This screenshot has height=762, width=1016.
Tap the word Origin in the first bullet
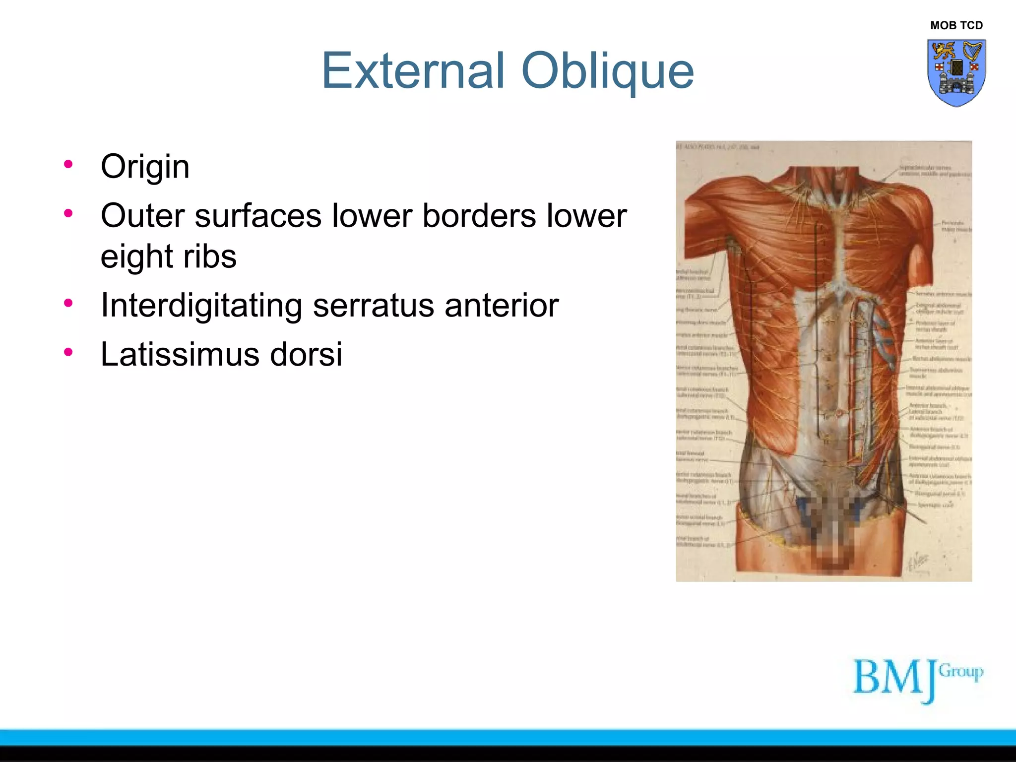tap(145, 167)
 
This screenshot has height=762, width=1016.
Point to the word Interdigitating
tap(201, 306)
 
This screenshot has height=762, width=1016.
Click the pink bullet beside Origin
tap(68, 164)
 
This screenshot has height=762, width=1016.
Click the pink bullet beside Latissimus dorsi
tap(68, 352)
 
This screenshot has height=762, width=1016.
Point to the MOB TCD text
tap(956, 25)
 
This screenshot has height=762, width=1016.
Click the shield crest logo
tap(956, 73)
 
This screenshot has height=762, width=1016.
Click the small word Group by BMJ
tap(961, 672)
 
